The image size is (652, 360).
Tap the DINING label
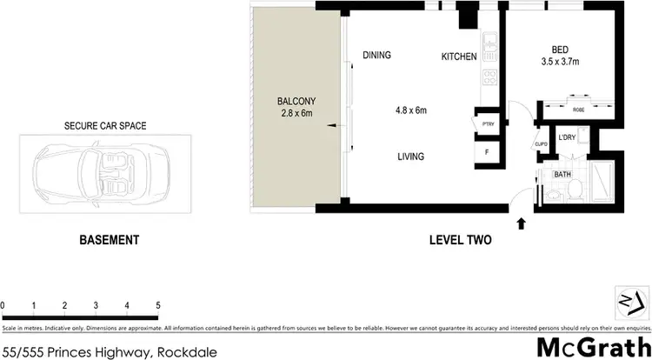(376, 55)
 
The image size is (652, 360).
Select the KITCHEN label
(459, 57)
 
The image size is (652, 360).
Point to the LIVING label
(410, 157)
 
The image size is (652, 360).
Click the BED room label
(561, 50)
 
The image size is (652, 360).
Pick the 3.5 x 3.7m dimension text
(561, 62)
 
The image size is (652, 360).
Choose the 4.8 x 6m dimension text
(411, 110)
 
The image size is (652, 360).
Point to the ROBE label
(578, 110)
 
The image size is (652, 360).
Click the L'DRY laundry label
(568, 137)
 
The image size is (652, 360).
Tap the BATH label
(562, 175)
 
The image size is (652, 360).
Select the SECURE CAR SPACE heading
(105, 126)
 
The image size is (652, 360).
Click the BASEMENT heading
(110, 240)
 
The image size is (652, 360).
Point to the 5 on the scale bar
(157, 305)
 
